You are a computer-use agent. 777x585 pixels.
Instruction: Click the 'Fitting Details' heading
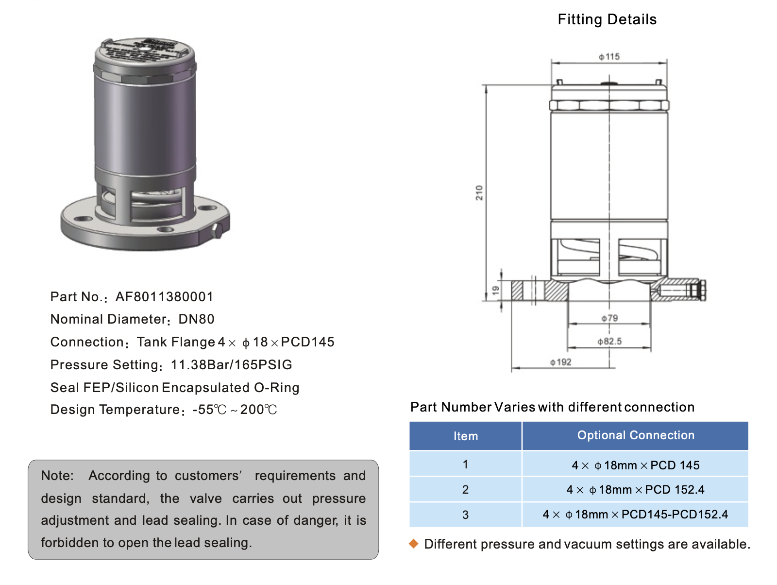(607, 19)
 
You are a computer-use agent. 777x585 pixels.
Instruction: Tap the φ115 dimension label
(609, 57)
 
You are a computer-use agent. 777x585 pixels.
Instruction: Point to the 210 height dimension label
(479, 193)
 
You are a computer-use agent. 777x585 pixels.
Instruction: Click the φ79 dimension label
(609, 318)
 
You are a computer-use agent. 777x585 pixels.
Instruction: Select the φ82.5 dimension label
(609, 341)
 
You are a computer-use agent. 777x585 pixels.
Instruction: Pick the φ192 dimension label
(560, 362)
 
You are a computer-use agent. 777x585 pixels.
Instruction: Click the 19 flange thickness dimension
(495, 291)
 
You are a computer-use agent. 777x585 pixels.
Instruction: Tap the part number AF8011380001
(164, 297)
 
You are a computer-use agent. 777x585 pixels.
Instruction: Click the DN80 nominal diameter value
(196, 319)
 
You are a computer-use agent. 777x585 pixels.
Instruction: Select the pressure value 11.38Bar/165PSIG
(231, 365)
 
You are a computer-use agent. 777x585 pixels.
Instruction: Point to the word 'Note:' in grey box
(57, 476)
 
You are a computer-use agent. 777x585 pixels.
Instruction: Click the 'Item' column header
(465, 436)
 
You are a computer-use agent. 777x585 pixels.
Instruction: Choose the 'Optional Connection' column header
(635, 435)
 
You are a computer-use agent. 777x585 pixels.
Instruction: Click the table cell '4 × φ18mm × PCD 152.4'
(635, 490)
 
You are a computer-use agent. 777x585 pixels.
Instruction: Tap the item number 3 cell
(465, 515)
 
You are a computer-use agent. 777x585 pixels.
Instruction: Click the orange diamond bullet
(414, 544)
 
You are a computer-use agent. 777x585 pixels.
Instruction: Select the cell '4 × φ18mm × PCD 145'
(635, 465)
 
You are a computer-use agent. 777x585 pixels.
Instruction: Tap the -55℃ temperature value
(209, 410)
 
